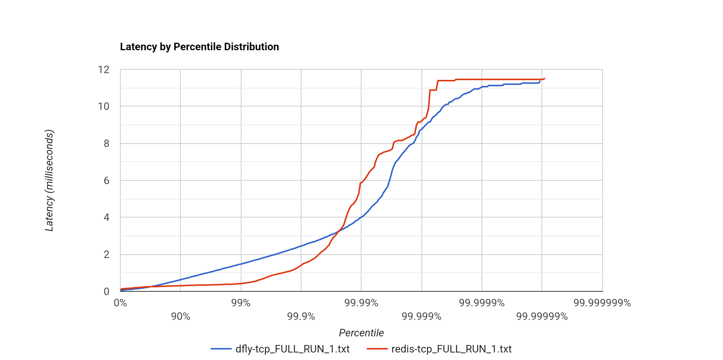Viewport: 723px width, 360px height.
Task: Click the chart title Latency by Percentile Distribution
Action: click(x=199, y=47)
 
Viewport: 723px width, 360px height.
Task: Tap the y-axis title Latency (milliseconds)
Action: click(x=49, y=180)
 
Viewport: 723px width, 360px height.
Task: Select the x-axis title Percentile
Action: click(x=361, y=333)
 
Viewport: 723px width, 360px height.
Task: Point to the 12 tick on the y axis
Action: click(x=104, y=70)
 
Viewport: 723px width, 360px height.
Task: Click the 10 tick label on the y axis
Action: click(x=104, y=106)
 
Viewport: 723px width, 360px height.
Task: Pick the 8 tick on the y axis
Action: click(x=106, y=144)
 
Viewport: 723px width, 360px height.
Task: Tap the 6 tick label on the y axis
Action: click(x=106, y=181)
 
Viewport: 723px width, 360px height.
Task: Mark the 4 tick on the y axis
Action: click(x=106, y=217)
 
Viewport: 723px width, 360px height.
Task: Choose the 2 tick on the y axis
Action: click(x=106, y=255)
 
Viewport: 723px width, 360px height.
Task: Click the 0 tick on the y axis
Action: click(x=106, y=292)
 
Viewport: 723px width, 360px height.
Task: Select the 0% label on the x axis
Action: click(x=120, y=303)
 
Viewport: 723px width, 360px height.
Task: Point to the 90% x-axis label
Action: click(x=180, y=316)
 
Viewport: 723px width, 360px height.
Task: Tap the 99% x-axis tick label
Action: click(x=241, y=303)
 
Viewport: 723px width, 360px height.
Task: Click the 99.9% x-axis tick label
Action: click(x=301, y=316)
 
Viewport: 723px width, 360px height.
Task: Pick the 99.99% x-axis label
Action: click(x=361, y=303)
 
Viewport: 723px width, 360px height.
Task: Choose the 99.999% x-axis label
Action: click(x=421, y=316)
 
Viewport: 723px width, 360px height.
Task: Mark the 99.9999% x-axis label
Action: click(x=482, y=303)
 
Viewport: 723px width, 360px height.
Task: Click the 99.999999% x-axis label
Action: click(x=602, y=303)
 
